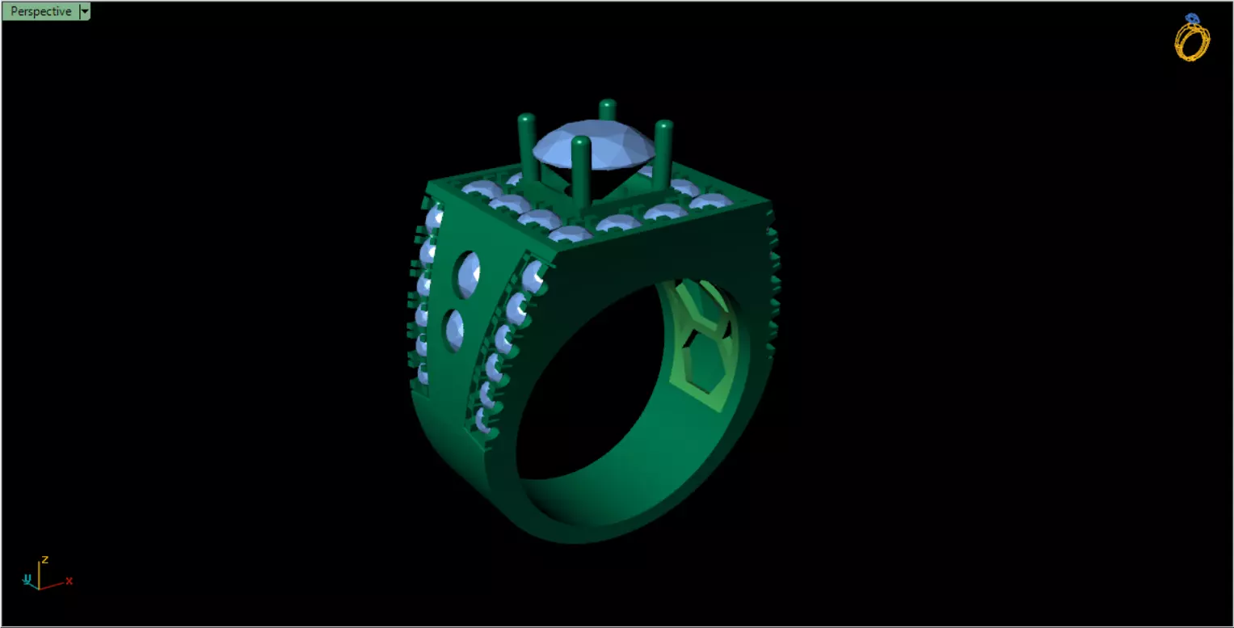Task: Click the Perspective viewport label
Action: [40, 11]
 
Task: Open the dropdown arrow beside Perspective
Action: [85, 11]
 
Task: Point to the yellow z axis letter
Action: [46, 558]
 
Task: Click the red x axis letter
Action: [69, 580]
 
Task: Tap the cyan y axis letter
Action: [27, 579]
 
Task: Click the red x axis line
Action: [52, 584]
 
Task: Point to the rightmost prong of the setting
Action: [663, 154]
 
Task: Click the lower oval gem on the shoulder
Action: [455, 330]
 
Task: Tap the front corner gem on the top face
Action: [569, 234]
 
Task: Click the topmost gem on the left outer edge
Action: [434, 217]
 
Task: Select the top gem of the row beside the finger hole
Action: [533, 276]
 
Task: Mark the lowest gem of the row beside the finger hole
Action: [483, 420]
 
